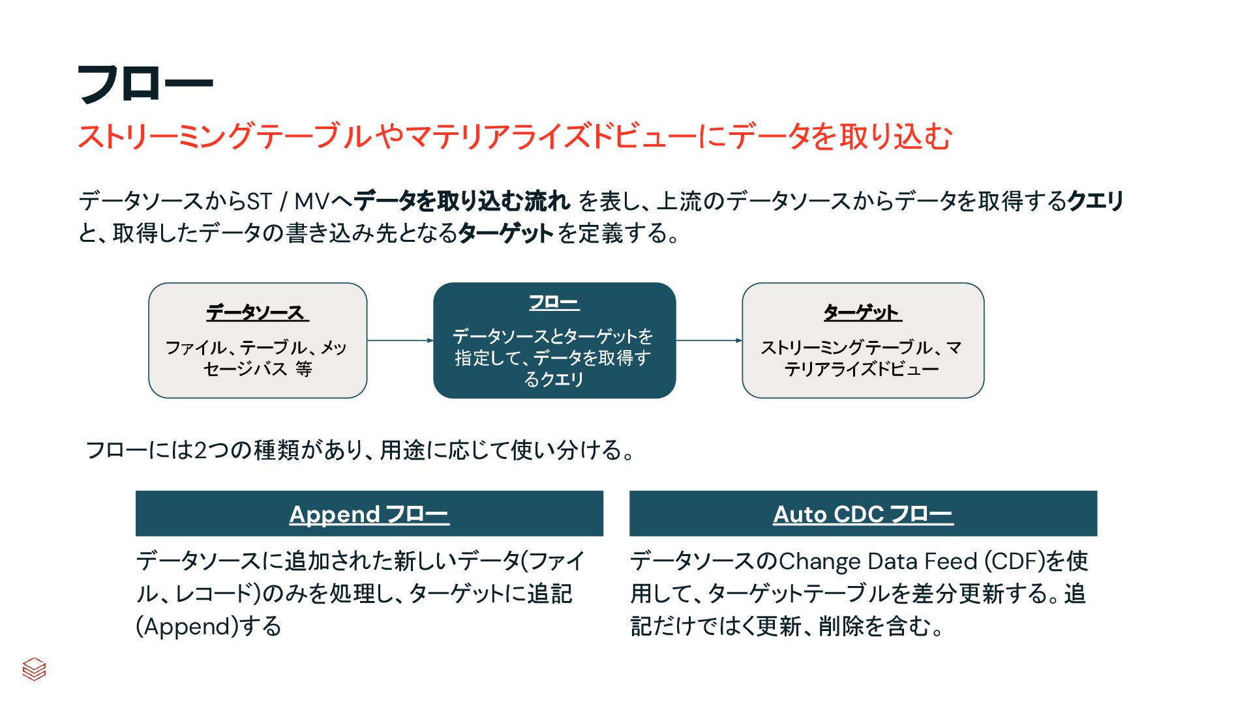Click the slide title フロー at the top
[145, 85]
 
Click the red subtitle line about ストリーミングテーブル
[515, 137]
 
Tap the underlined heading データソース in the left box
[257, 313]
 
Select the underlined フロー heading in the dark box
[554, 303]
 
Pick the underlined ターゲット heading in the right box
[862, 313]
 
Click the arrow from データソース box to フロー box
[400, 340]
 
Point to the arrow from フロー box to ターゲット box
[709, 340]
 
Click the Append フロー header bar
[369, 514]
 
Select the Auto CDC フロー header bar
[863, 514]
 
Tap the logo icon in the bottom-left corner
[34, 669]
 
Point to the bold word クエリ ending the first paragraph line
[1096, 201]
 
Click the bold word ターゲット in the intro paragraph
[506, 233]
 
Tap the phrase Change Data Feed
[879, 561]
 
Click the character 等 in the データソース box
[303, 369]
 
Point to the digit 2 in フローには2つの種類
[201, 450]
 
